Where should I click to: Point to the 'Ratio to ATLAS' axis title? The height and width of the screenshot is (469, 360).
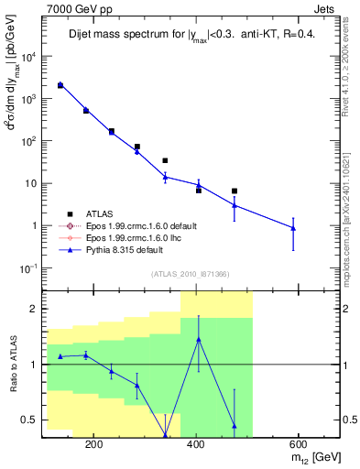pyautogui.click(x=15, y=365)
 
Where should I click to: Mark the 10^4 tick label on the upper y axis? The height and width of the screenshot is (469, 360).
pyautogui.click(x=27, y=56)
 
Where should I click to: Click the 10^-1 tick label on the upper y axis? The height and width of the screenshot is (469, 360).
pyautogui.click(x=27, y=267)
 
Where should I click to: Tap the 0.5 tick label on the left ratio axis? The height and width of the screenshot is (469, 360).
pyautogui.click(x=28, y=420)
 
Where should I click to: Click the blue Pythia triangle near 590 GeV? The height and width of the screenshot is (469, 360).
pyautogui.click(x=293, y=227)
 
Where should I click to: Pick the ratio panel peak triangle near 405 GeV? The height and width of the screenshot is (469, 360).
pyautogui.click(x=199, y=339)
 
